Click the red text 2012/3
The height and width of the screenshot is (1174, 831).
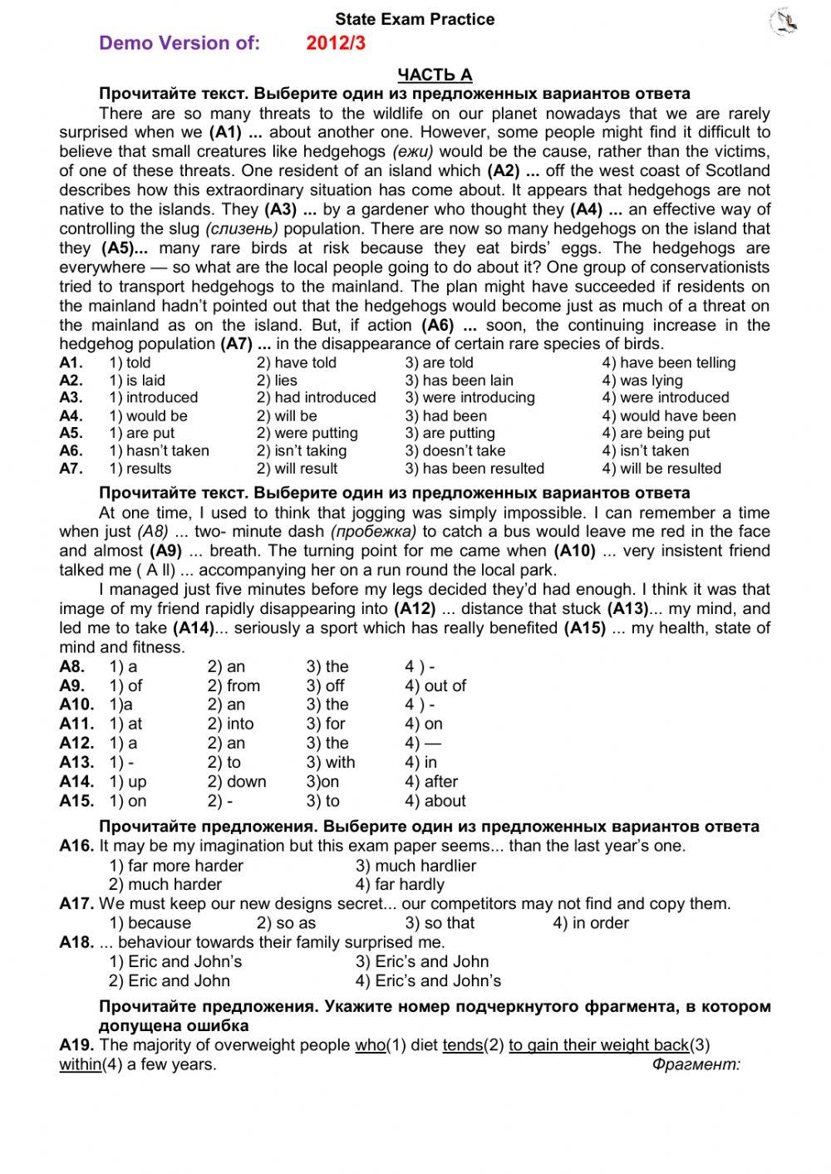(x=336, y=43)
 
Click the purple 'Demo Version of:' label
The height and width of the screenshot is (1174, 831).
(x=179, y=43)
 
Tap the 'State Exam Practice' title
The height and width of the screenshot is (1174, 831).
(x=415, y=19)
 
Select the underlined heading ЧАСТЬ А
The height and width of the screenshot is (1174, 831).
(x=435, y=75)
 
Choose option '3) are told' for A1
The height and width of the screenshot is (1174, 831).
(x=439, y=362)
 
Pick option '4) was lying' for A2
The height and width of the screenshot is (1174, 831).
(x=642, y=381)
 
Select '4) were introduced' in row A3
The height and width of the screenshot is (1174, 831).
(x=665, y=398)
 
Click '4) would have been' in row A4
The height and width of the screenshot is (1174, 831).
(x=669, y=416)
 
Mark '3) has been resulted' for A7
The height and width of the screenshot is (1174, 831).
(x=475, y=469)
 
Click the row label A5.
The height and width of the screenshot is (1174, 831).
(x=71, y=434)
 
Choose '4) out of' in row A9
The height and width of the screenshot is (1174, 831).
(x=435, y=686)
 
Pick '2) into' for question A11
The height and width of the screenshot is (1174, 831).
(x=230, y=725)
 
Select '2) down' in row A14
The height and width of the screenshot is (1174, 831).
(x=237, y=782)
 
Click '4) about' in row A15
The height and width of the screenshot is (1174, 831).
(x=435, y=802)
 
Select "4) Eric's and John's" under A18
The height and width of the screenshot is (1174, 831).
(x=428, y=981)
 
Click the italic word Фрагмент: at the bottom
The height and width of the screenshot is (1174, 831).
(x=696, y=1064)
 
